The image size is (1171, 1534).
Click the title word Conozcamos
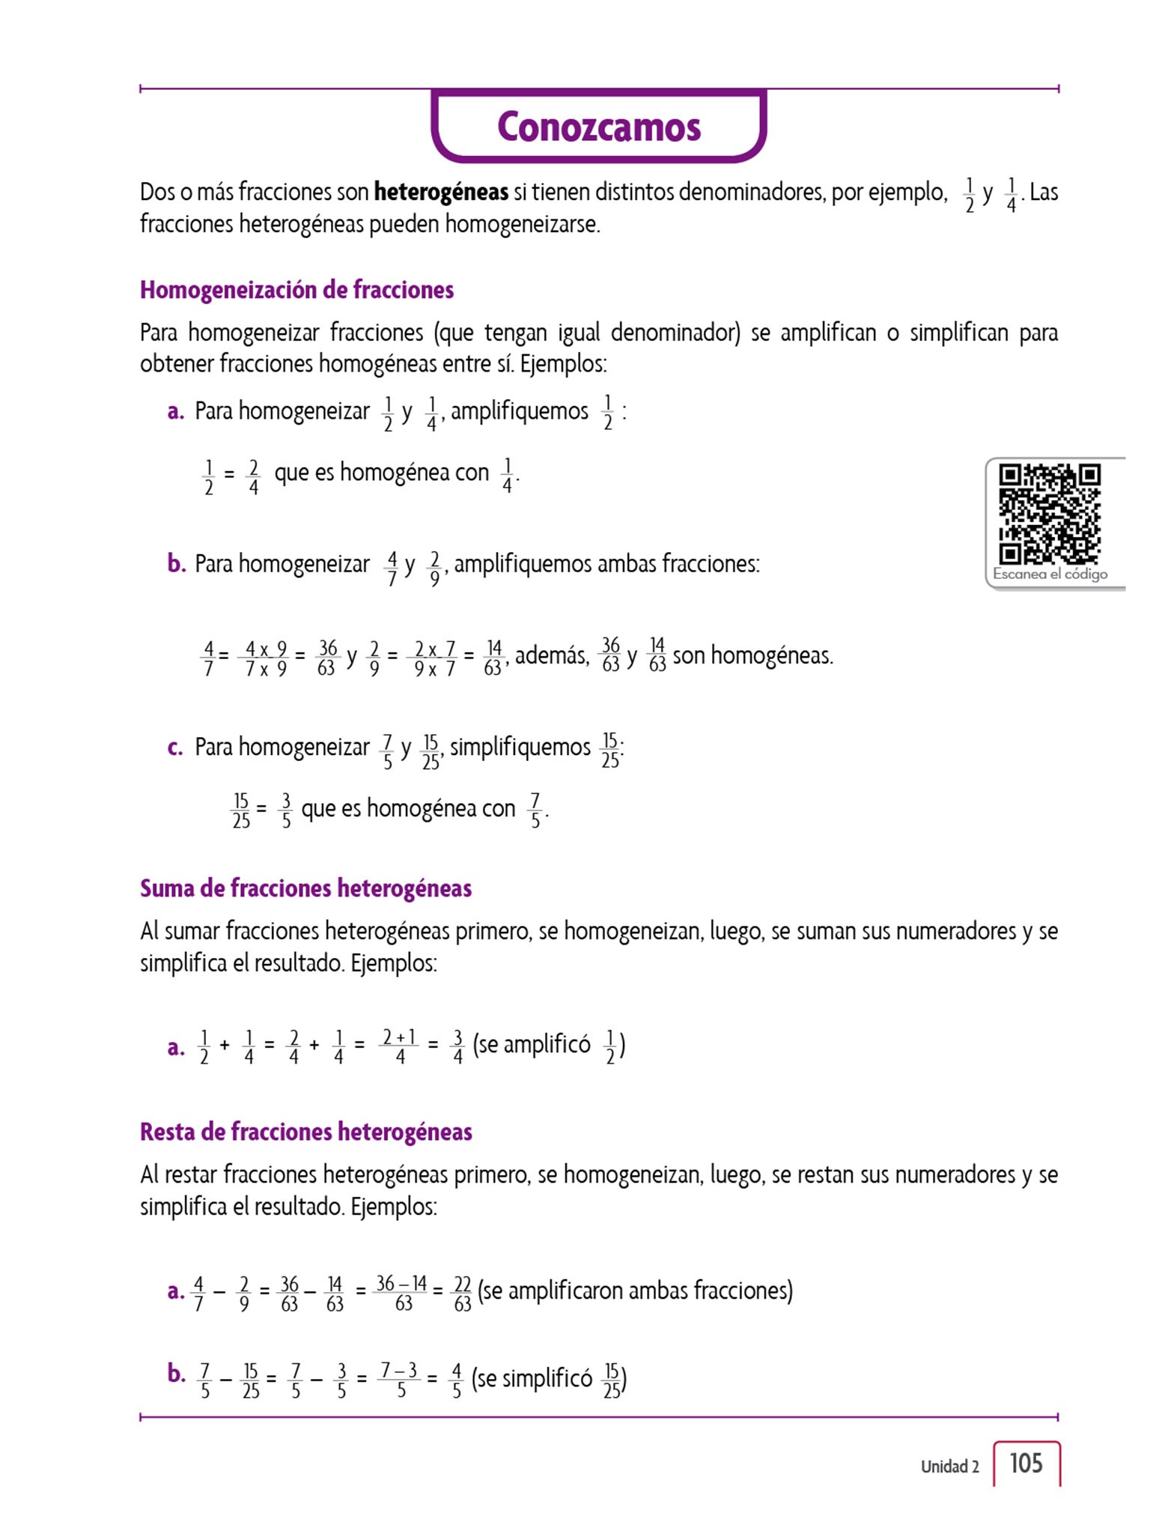pyautogui.click(x=599, y=127)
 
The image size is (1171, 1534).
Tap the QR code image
pyautogui.click(x=1050, y=514)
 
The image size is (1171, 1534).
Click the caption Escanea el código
pyautogui.click(x=1050, y=574)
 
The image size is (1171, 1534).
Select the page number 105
pyautogui.click(x=1026, y=1463)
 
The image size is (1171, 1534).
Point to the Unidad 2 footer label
pyautogui.click(x=949, y=1466)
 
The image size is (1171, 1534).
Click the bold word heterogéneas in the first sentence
pyautogui.click(x=441, y=192)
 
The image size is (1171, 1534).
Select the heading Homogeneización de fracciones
pyautogui.click(x=296, y=290)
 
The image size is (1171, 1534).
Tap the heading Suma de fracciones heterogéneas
pyautogui.click(x=305, y=888)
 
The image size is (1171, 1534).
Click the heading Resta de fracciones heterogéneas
pyautogui.click(x=305, y=1132)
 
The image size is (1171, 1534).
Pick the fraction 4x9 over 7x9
pyautogui.click(x=266, y=658)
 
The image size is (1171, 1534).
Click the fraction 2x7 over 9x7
pyautogui.click(x=434, y=658)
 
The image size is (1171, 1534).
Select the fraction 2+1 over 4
pyautogui.click(x=400, y=1046)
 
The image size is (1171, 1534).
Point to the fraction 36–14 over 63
pyautogui.click(x=402, y=1292)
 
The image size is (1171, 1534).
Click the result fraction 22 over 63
pyautogui.click(x=463, y=1292)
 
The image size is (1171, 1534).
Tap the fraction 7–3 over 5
pyautogui.click(x=400, y=1379)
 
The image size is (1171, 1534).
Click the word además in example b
pyautogui.click(x=552, y=655)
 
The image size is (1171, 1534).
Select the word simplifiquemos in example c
pyautogui.click(x=520, y=747)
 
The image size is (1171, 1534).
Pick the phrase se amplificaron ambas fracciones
pyautogui.click(x=635, y=1291)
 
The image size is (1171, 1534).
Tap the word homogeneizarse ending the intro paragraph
pyautogui.click(x=522, y=224)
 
